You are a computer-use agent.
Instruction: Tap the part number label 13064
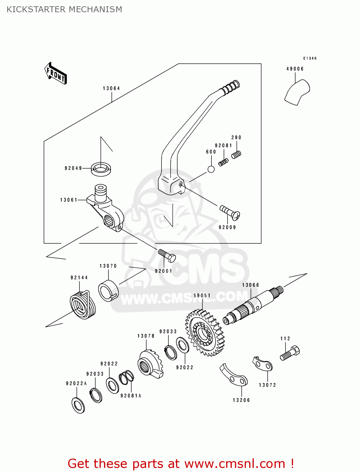[111, 89]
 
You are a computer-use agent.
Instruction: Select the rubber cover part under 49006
[297, 92]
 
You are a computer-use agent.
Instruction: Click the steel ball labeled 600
[211, 169]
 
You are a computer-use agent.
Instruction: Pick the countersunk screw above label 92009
[230, 212]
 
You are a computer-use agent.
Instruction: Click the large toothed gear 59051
[205, 333]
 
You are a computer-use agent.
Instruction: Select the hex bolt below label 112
[290, 353]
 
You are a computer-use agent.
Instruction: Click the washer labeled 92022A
[78, 405]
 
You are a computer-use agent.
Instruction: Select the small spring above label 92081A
[126, 377]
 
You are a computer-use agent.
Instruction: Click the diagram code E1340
[310, 58]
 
